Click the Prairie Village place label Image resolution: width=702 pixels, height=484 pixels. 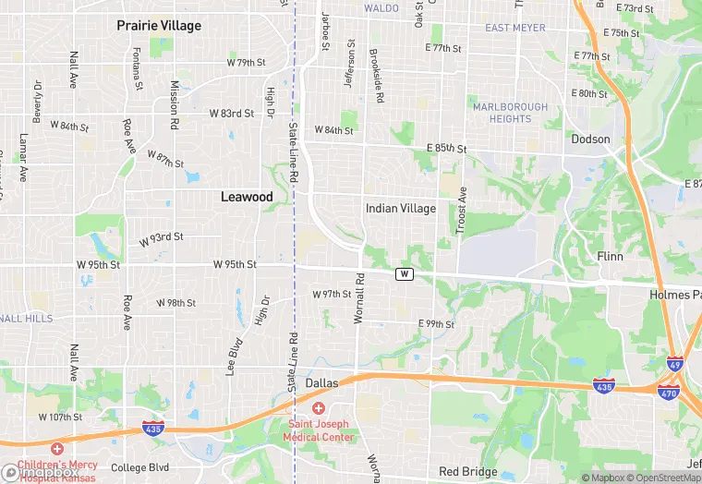pyautogui.click(x=159, y=26)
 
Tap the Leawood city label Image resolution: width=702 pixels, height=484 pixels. pyautogui.click(x=247, y=197)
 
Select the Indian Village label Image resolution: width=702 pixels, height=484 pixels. pyautogui.click(x=401, y=209)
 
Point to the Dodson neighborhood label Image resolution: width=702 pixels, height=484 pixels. pyautogui.click(x=590, y=139)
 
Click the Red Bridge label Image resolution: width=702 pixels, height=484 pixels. pyautogui.click(x=468, y=472)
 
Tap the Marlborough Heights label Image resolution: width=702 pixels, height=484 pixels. pyautogui.click(x=510, y=113)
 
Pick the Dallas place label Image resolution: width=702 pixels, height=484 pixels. pyautogui.click(x=321, y=382)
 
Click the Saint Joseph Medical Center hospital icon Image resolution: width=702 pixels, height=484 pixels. pyautogui.click(x=319, y=408)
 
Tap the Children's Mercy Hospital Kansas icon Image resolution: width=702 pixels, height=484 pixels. pyautogui.click(x=57, y=448)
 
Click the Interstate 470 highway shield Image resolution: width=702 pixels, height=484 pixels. pyautogui.click(x=669, y=392)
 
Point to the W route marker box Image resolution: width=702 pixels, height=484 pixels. pyautogui.click(x=404, y=274)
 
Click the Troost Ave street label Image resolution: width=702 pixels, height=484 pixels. pyautogui.click(x=462, y=211)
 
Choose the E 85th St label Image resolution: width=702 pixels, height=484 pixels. pyautogui.click(x=447, y=149)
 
